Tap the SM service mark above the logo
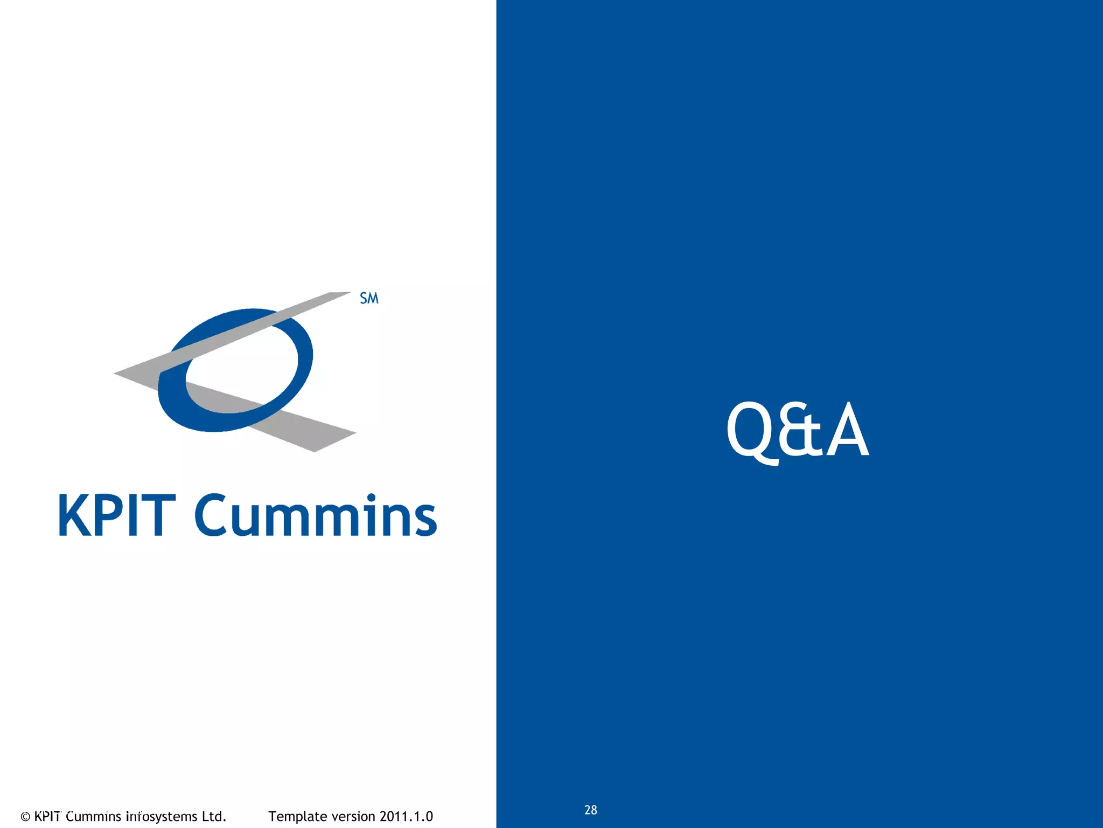[369, 298]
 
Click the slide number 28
[590, 810]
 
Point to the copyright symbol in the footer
[25, 817]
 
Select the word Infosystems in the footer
[162, 817]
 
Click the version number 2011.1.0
[406, 816]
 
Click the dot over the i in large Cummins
[371, 497]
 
